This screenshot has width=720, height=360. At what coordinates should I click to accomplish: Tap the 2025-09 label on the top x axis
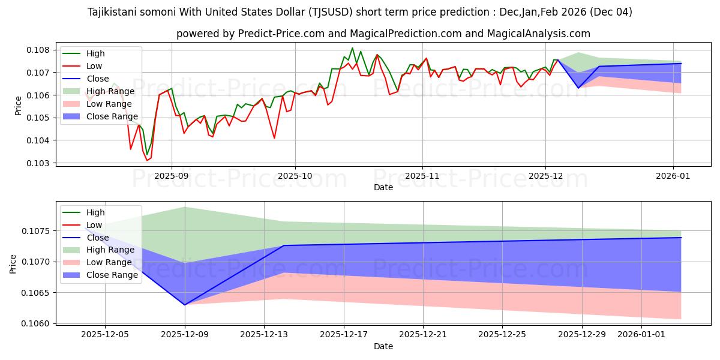coord(172,176)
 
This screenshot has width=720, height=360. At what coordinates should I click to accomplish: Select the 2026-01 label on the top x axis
coord(673,176)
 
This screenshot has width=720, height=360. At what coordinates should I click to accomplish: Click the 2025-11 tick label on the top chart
coord(422,176)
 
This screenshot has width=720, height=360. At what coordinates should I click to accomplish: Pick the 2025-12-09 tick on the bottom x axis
coord(185,335)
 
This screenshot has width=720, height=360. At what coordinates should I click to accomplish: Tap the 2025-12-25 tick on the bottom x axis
coord(502,335)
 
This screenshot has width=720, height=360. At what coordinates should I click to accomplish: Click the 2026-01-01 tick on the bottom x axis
coord(641,335)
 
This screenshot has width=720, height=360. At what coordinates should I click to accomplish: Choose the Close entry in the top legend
coord(98,79)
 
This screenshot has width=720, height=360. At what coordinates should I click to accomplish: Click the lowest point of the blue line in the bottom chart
coord(185,305)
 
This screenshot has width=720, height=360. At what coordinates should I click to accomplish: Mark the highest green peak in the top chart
coord(352,48)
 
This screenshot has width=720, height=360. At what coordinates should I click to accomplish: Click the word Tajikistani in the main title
coord(113,12)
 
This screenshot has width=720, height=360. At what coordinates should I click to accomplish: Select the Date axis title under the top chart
coord(383,187)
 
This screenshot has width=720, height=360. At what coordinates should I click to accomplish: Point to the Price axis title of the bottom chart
coord(13,263)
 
